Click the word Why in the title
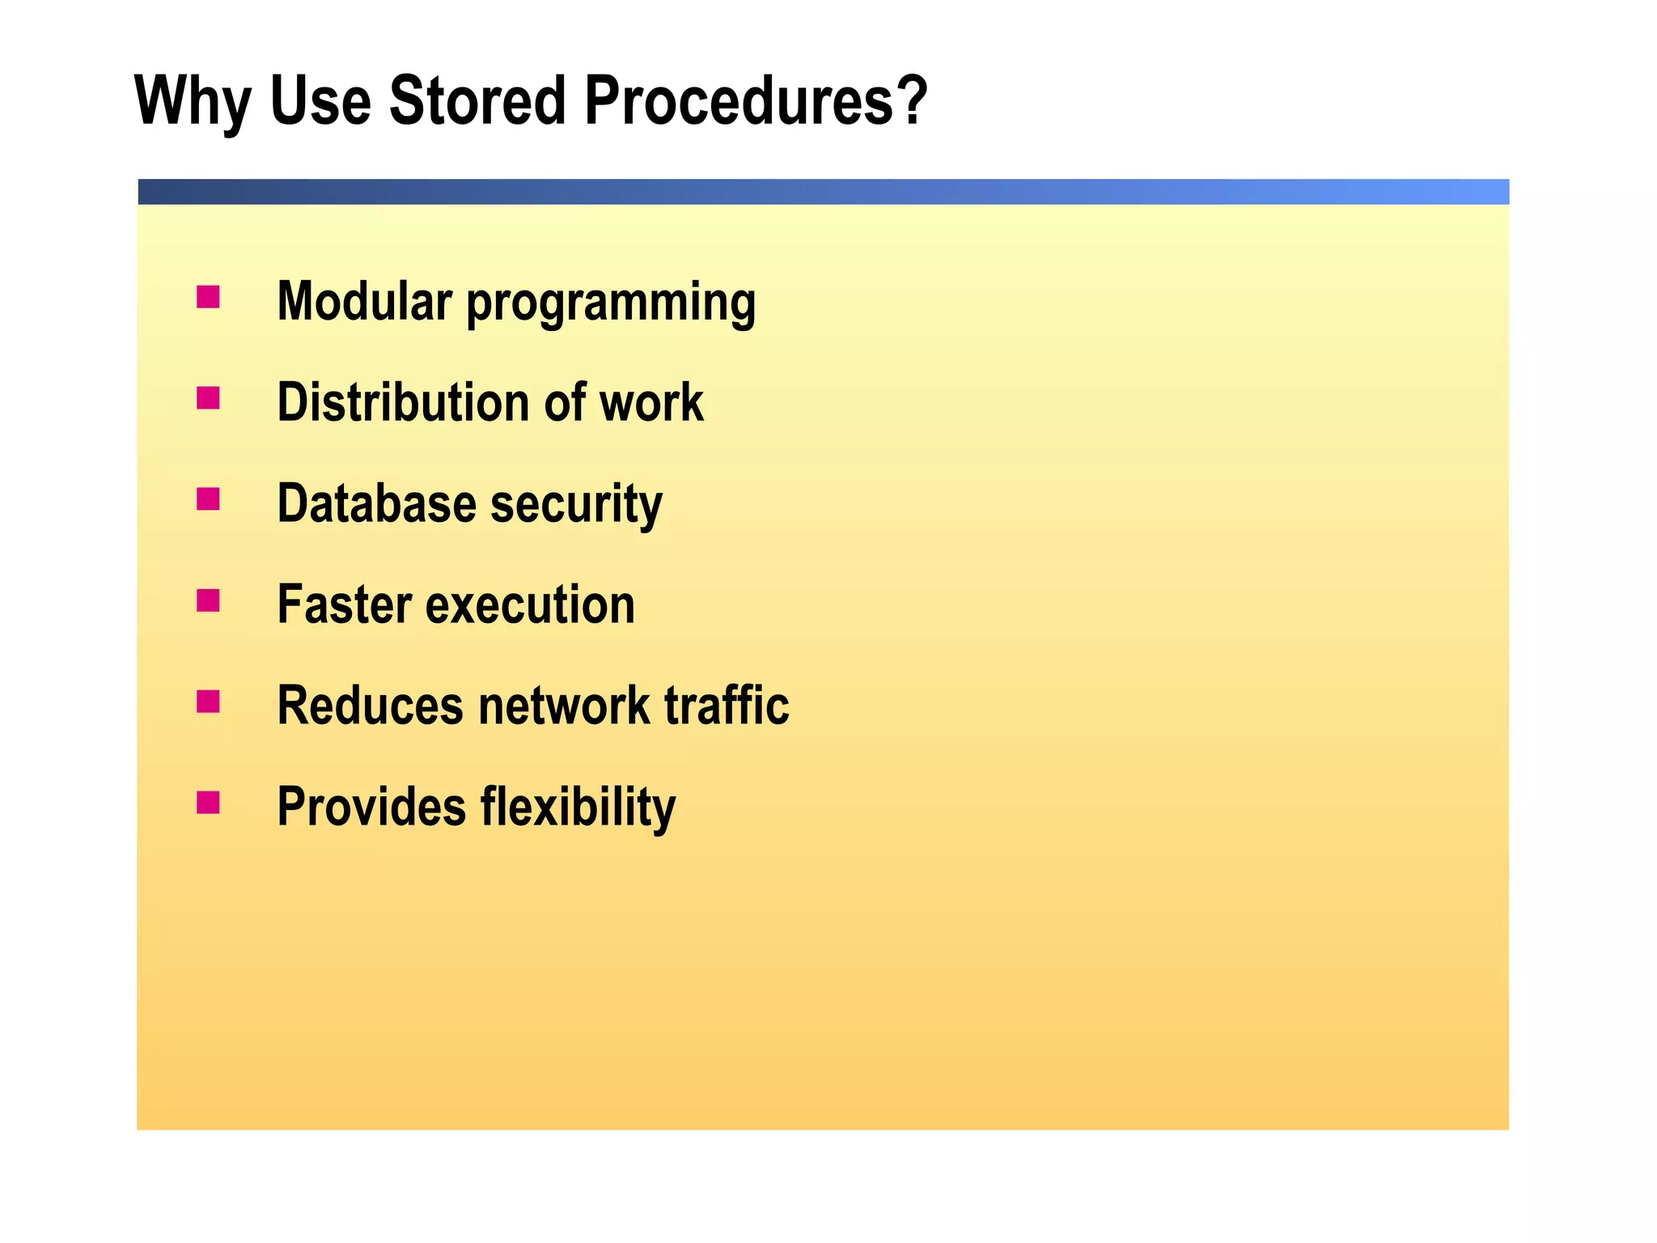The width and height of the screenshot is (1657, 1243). click(x=193, y=101)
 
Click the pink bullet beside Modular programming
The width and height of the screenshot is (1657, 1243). click(x=208, y=297)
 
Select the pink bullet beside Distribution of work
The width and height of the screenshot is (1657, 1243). click(x=208, y=398)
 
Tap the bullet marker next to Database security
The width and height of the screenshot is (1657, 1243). click(x=208, y=499)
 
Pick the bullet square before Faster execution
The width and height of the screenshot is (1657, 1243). click(x=208, y=600)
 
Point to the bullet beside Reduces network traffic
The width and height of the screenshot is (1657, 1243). click(x=208, y=702)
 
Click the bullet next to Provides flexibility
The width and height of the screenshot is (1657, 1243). click(x=208, y=803)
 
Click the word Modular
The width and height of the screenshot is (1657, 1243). click(x=364, y=301)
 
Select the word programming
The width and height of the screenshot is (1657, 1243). click(x=611, y=304)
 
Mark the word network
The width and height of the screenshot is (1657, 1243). click(x=564, y=706)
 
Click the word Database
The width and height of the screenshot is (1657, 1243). click(x=377, y=503)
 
